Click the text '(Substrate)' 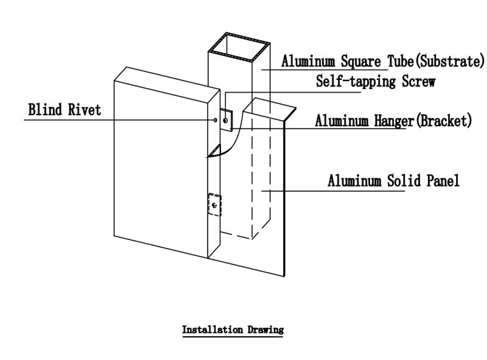449,62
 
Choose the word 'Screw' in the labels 418,81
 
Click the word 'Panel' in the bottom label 440,181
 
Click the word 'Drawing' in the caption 264,330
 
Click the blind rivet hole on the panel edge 215,119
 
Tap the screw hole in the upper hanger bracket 226,121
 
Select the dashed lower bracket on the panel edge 214,205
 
